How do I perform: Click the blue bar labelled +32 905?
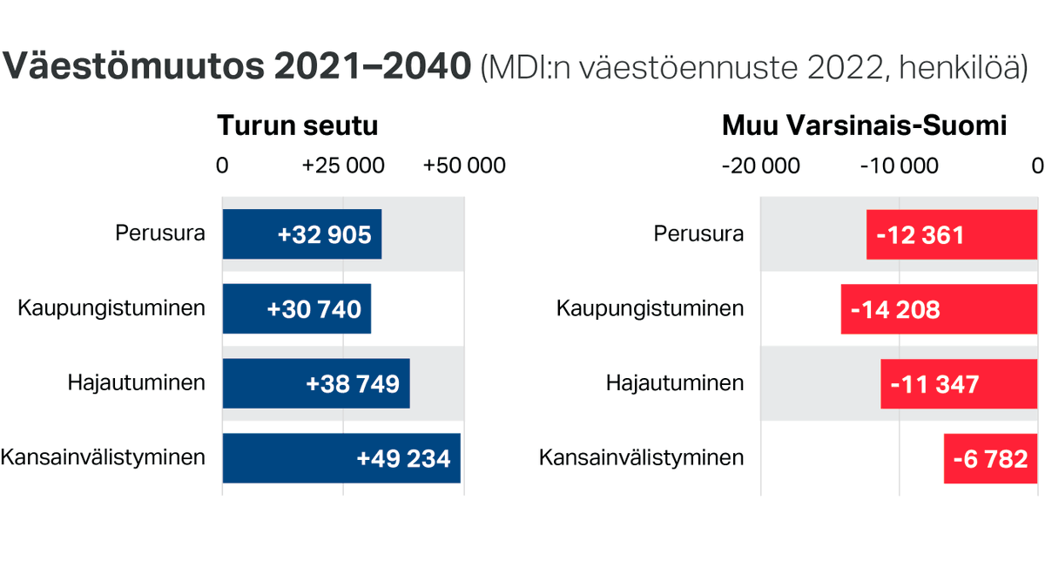301,234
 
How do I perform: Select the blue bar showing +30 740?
297,308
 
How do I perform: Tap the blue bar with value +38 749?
316,383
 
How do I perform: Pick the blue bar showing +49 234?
341,458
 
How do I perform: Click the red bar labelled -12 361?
952,234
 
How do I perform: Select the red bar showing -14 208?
939,308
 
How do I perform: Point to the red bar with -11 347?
959,383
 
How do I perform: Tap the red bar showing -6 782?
990,458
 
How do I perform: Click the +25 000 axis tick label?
343,166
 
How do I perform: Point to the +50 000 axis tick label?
464,166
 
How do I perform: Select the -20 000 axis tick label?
760,166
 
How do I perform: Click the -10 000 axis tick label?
899,166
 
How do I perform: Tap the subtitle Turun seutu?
297,125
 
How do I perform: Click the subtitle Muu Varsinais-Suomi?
864,125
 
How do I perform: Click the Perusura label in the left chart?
160,233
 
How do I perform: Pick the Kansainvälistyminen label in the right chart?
642,457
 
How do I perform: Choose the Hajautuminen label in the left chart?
137,382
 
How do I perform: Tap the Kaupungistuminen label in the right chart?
651,308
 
